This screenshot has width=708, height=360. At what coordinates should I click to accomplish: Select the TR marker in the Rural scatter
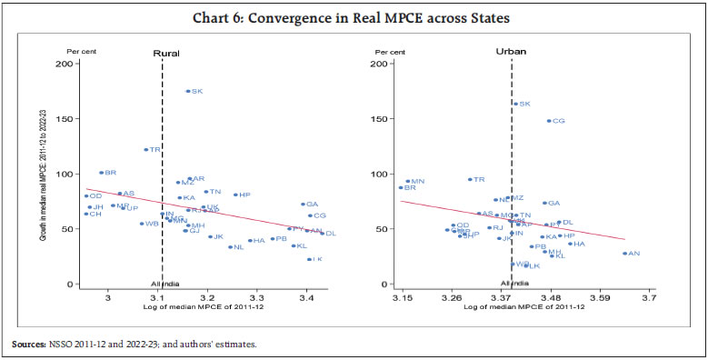pyautogui.click(x=146, y=149)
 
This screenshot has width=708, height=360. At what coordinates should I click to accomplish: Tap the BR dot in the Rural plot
pyautogui.click(x=101, y=172)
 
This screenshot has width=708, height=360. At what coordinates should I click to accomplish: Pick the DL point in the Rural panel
pyautogui.click(x=322, y=234)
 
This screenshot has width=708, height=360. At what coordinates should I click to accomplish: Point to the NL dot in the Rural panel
pyautogui.click(x=231, y=246)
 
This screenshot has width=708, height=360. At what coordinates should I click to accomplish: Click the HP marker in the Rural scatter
pyautogui.click(x=235, y=195)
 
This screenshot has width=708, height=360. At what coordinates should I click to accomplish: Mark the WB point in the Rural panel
pyautogui.click(x=142, y=224)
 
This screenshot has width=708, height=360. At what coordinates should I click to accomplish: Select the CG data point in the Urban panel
pyautogui.click(x=549, y=121)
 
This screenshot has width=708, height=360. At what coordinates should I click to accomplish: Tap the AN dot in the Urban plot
pyautogui.click(x=625, y=253)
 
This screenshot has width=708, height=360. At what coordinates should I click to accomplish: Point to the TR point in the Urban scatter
pyautogui.click(x=470, y=179)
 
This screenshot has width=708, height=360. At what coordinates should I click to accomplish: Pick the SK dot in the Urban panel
pyautogui.click(x=515, y=104)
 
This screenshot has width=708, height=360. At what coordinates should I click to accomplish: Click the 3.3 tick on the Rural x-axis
pyautogui.click(x=257, y=297)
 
